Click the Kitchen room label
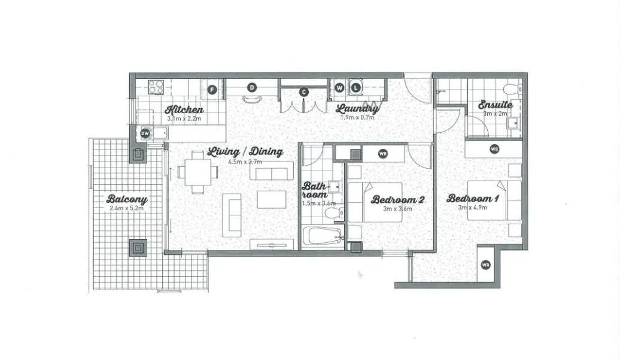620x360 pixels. coord(184,110)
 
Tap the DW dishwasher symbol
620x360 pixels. coord(145,133)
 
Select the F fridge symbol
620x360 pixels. coord(212,90)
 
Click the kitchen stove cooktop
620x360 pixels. coord(156,87)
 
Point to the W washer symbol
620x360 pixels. coord(340,88)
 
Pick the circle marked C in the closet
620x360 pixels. coord(303,93)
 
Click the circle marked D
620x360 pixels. coord(252,88)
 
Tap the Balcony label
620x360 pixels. coord(127,199)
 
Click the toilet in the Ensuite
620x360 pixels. coord(513,88)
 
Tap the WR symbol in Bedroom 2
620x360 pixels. coord(382,154)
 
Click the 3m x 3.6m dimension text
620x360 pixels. coord(397,209)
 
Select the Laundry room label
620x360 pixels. coord(357,108)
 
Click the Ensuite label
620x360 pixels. coord(496,105)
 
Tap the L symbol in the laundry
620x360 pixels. coord(356,88)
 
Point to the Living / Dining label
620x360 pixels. coord(245,152)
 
